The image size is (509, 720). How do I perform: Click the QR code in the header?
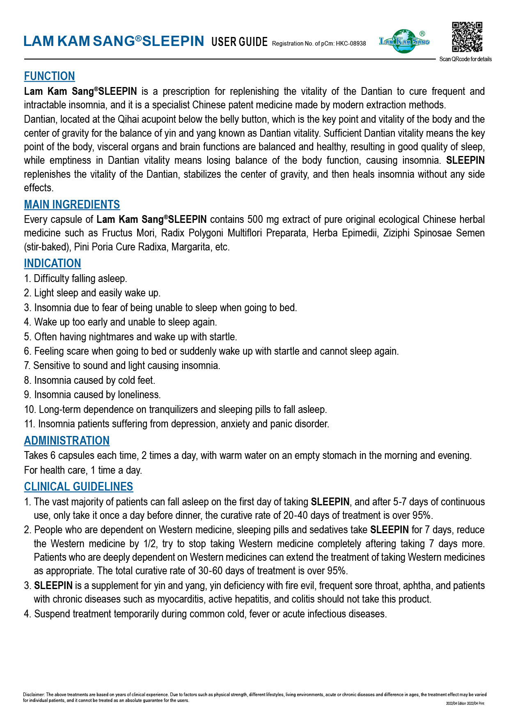[467, 37]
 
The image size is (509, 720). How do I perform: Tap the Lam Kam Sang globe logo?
[404, 41]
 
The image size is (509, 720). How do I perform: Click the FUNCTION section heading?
[49, 76]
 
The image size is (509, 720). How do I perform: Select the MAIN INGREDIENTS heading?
[72, 204]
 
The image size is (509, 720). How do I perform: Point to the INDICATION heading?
[53, 263]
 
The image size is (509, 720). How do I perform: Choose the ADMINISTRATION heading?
[66, 440]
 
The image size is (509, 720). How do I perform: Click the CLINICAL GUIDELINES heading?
[78, 486]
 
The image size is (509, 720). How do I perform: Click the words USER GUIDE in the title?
[239, 41]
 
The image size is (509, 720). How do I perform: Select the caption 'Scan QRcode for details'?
[465, 59]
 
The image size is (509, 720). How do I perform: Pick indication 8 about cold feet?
[89, 380]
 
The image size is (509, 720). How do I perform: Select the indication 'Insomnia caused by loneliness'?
[92, 394]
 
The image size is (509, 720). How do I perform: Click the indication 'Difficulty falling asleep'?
[76, 278]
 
